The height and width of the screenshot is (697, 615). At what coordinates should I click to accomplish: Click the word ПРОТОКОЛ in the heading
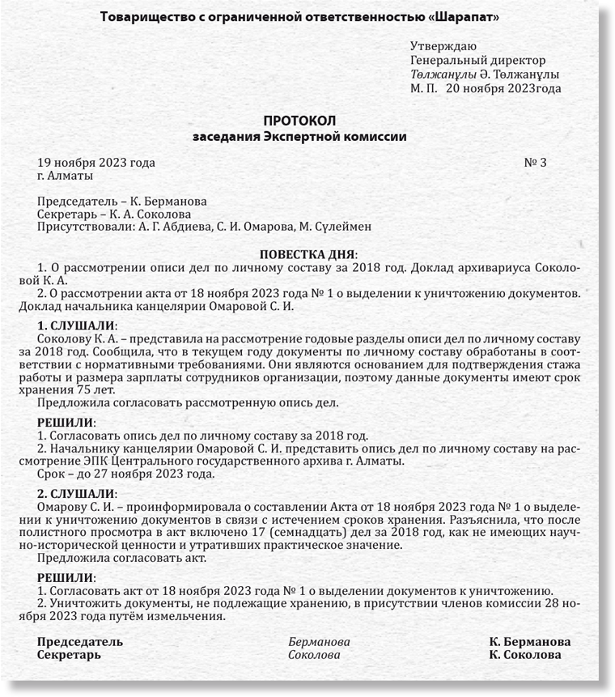tap(299, 120)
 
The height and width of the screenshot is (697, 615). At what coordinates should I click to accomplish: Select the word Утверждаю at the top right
tap(443, 45)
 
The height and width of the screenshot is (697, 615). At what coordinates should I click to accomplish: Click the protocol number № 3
tap(536, 163)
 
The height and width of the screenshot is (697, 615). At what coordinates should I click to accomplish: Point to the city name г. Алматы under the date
tap(66, 175)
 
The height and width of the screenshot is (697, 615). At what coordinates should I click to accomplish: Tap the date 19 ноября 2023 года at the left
tap(96, 163)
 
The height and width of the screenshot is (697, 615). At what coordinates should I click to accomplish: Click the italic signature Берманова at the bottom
tap(320, 642)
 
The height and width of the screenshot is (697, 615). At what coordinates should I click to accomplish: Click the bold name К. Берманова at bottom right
tap(530, 642)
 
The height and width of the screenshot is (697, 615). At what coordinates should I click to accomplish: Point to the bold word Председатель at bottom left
tap(80, 642)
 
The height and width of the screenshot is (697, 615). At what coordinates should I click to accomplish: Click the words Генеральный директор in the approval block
tap(478, 60)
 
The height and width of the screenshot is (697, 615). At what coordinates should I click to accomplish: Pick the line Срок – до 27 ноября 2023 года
tap(126, 474)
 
